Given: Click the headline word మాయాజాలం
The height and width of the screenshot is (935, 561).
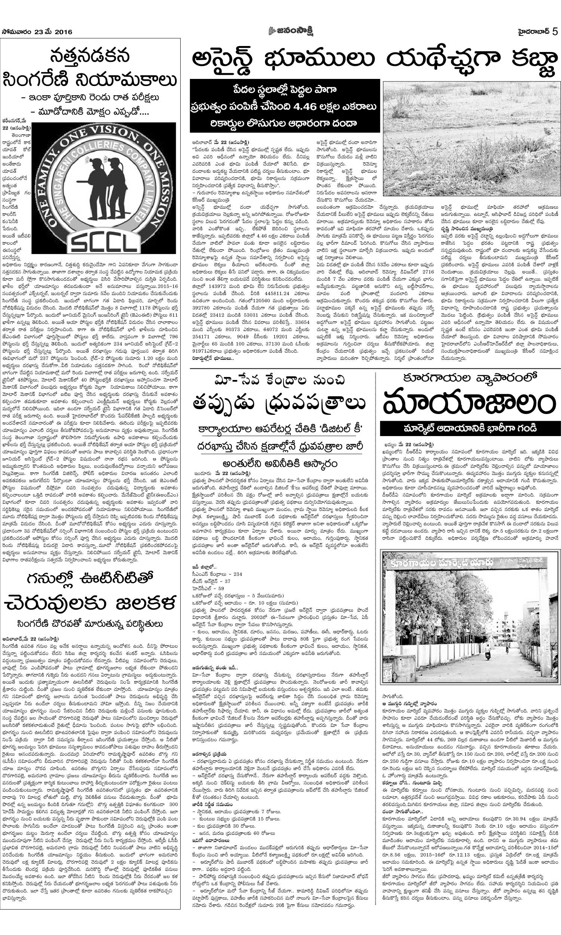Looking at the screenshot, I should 467,404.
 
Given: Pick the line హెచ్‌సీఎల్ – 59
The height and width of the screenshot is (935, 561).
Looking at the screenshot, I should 208,588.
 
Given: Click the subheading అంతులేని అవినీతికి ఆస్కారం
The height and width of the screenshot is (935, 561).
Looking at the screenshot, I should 280,463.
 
